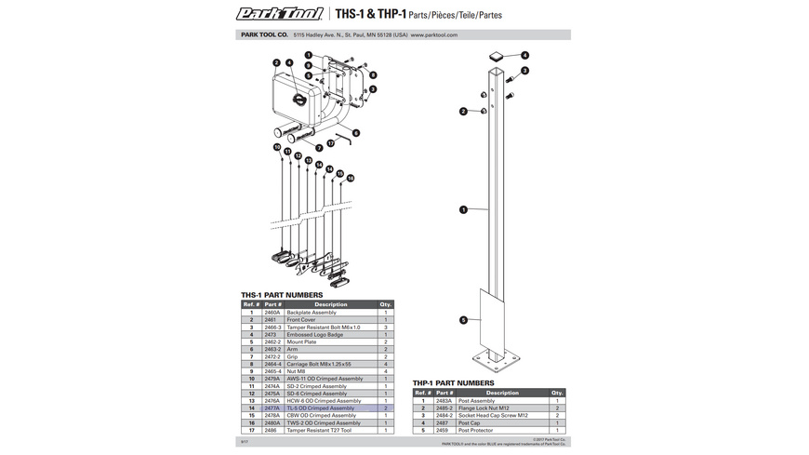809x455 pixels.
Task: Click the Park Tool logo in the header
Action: [x=280, y=14]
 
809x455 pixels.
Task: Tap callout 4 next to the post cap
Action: [x=524, y=55]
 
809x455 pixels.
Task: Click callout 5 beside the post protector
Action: [x=463, y=320]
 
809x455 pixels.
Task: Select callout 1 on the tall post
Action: [x=463, y=210]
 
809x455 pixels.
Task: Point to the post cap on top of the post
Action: [x=497, y=56]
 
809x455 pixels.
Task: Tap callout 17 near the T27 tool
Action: [x=330, y=142]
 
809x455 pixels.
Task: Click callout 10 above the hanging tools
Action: [x=277, y=147]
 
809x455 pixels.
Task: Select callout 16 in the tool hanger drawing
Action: [x=351, y=178]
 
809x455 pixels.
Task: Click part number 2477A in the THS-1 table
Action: [x=272, y=408]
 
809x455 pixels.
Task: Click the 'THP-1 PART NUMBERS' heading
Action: [x=454, y=382]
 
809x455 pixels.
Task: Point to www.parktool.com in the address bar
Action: [x=434, y=34]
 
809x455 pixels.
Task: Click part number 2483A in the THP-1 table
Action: [x=443, y=401]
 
